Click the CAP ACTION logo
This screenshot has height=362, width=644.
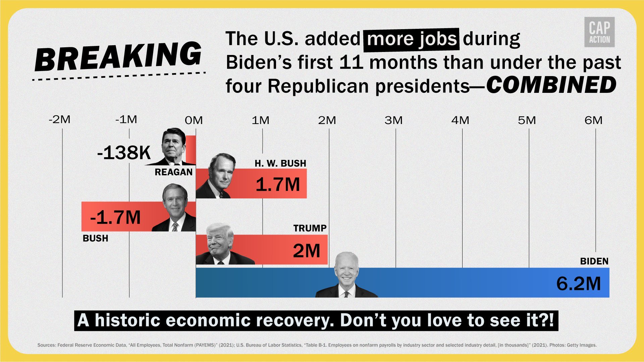[x=599, y=32]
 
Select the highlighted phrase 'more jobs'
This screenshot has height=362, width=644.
[x=412, y=39]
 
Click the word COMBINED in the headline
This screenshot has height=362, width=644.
[x=551, y=85]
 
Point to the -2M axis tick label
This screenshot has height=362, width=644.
[x=60, y=119]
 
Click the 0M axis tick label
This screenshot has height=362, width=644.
[x=194, y=120]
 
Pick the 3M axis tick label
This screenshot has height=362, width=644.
[x=393, y=120]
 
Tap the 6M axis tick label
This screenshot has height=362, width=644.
[x=593, y=120]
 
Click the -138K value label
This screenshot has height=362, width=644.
[x=124, y=153]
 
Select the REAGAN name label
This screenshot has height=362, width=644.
[x=173, y=172]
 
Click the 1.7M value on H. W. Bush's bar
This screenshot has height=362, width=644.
[x=278, y=184]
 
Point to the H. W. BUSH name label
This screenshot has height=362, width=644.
[x=280, y=163]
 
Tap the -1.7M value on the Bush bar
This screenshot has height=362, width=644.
[x=115, y=217]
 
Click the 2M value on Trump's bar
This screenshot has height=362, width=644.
[x=307, y=250]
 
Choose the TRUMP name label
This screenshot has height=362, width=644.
[x=310, y=228]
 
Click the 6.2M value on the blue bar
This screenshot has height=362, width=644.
[x=579, y=284]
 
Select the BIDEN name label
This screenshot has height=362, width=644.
[x=594, y=261]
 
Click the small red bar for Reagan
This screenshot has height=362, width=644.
[x=191, y=149]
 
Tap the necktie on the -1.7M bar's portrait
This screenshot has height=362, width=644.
[x=175, y=227]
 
